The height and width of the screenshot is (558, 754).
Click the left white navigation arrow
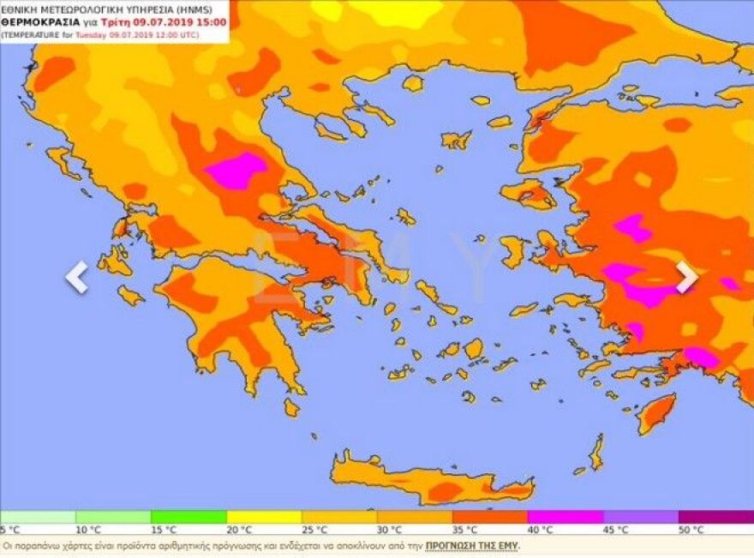pos(77,277)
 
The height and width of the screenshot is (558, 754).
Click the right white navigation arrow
pos(686,277)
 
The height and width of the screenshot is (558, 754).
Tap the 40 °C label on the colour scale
pos(542,530)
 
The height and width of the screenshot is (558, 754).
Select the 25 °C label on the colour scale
pos(315,530)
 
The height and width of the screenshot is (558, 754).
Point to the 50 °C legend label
pos(692,530)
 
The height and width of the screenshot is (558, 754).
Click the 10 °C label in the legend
pos(89,530)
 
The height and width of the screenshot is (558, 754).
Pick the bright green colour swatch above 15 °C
pos(188,517)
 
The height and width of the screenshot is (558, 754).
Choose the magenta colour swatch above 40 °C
pos(565,517)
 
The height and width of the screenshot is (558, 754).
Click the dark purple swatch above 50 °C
pos(715,517)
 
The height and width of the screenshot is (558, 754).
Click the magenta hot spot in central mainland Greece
pos(236,170)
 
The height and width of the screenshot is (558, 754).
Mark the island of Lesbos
pos(529,194)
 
